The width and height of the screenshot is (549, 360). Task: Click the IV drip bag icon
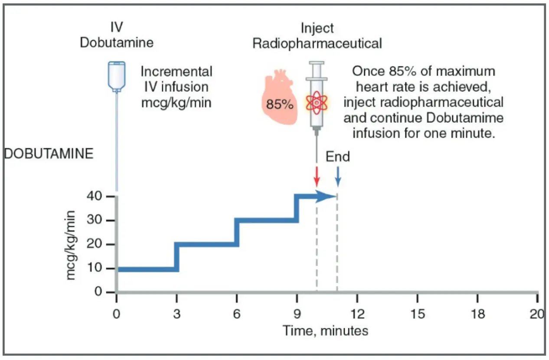[117, 76]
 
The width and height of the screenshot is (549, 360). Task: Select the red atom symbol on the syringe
[317, 102]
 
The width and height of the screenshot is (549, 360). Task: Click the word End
[337, 157]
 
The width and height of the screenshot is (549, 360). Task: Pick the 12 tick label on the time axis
[357, 314]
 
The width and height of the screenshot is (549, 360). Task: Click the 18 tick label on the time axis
[477, 314]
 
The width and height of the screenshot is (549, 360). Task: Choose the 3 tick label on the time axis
[176, 314]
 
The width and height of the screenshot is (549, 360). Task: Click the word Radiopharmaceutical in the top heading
[317, 44]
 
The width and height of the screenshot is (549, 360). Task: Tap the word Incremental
[176, 72]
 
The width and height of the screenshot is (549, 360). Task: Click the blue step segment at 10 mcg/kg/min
[146, 269]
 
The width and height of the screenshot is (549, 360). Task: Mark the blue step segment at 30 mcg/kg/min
[266, 220]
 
